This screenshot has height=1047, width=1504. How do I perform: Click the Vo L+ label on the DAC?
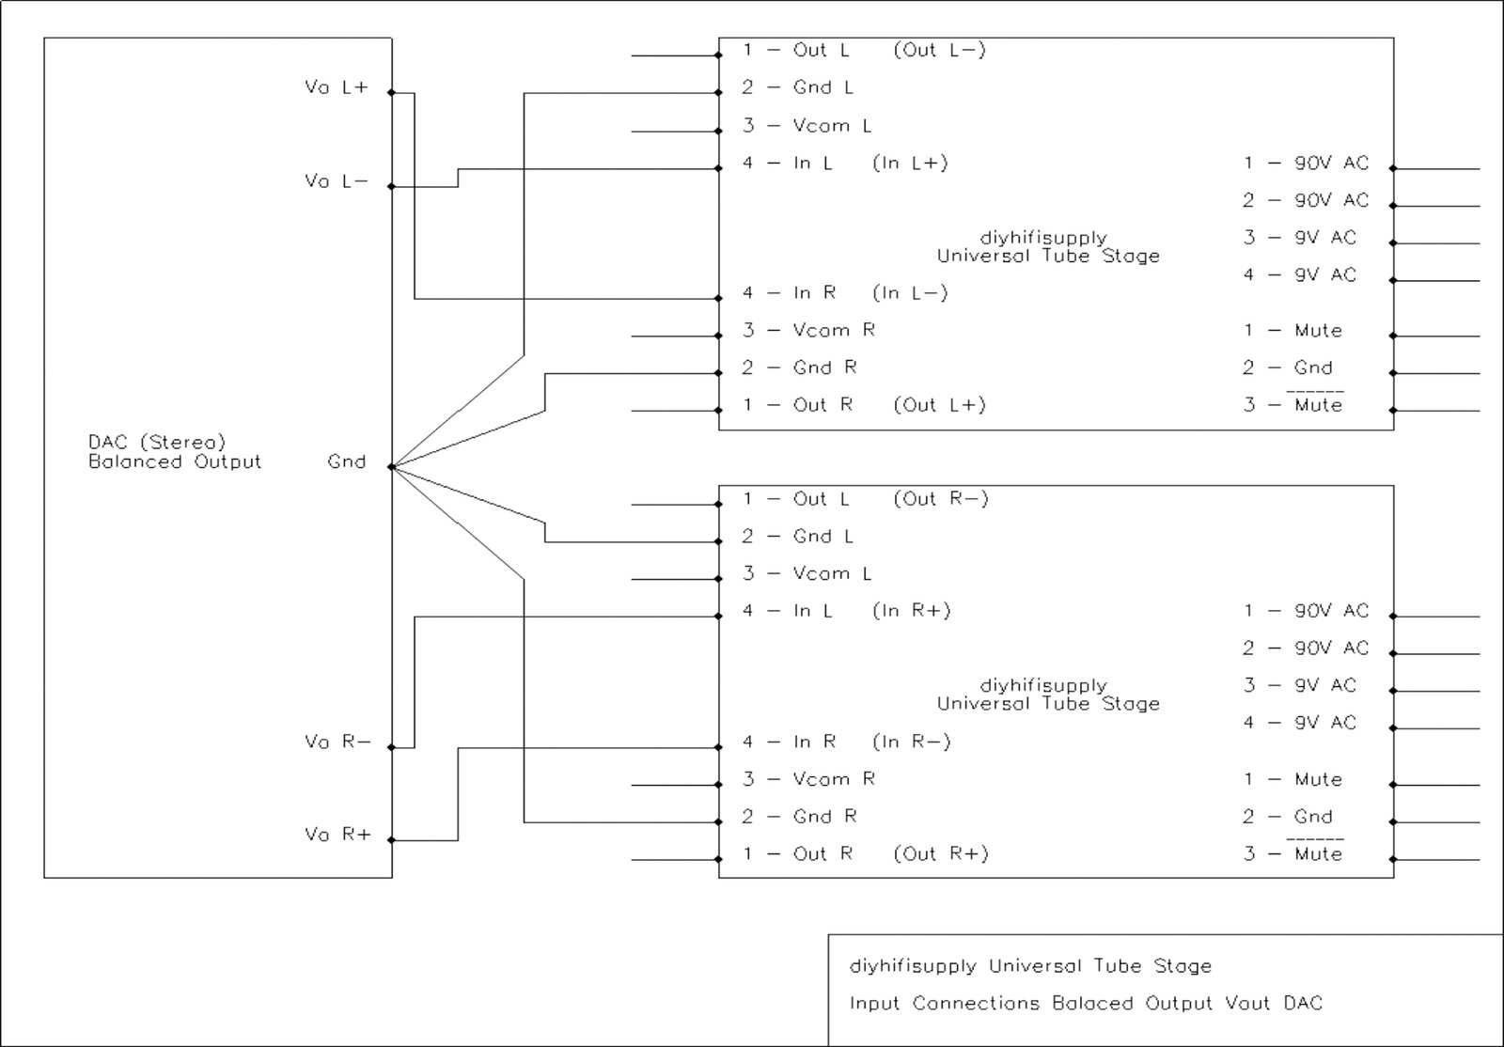pos(337,87)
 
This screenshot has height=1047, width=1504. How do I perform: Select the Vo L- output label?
pos(337,180)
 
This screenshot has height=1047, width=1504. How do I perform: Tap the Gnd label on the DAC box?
pos(346,461)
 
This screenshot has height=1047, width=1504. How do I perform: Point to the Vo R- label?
pos(337,742)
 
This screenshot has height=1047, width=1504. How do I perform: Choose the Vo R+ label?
pos(337,835)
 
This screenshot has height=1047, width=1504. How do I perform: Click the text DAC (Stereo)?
pos(157,442)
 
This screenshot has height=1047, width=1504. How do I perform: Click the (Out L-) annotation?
pos(939,50)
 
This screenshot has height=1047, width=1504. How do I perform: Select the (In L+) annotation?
pos(910,163)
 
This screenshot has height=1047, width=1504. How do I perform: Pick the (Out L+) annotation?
pos(939,405)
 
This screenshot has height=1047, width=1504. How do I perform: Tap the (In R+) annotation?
pos(912,611)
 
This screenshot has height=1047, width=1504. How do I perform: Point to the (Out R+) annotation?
pos(941,853)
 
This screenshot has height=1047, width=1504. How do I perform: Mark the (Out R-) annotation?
pos(941,498)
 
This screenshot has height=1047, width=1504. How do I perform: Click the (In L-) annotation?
pos(910,293)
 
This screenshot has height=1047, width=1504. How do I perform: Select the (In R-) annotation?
pos(912,742)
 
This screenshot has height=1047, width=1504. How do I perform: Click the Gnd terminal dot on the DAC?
pos(391,466)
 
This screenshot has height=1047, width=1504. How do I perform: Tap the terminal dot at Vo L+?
pos(391,93)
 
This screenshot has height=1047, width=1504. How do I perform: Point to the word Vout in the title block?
pos(1247,1004)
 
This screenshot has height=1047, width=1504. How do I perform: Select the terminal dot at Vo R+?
pos(391,840)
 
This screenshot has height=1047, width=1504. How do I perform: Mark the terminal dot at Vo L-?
pos(391,186)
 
